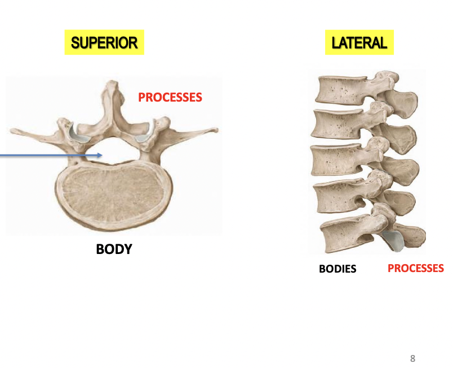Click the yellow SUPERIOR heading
tap(104, 43)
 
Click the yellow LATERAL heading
tap(359, 43)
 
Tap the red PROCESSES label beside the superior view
tap(170, 97)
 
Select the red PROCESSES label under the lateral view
tap(415, 268)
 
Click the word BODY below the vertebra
tap(114, 249)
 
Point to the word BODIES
tap(337, 269)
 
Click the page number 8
tap(413, 358)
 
